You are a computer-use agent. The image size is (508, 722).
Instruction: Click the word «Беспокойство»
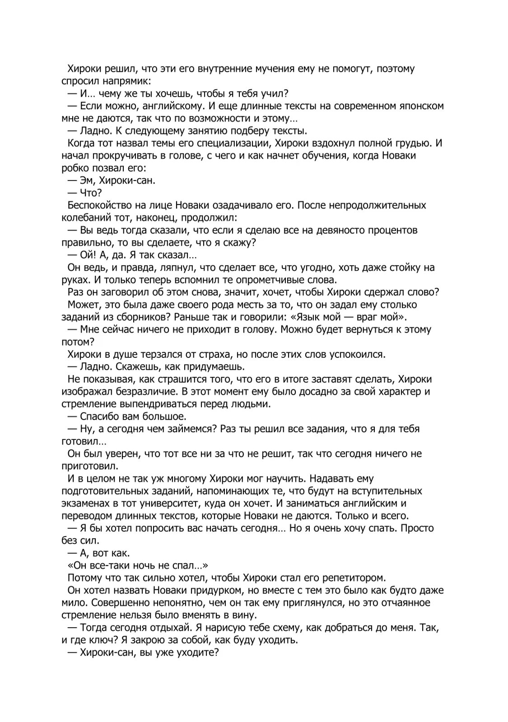point(98,205)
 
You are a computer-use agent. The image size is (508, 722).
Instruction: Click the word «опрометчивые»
point(256,280)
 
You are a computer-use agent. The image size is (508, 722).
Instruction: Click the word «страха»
point(199,354)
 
